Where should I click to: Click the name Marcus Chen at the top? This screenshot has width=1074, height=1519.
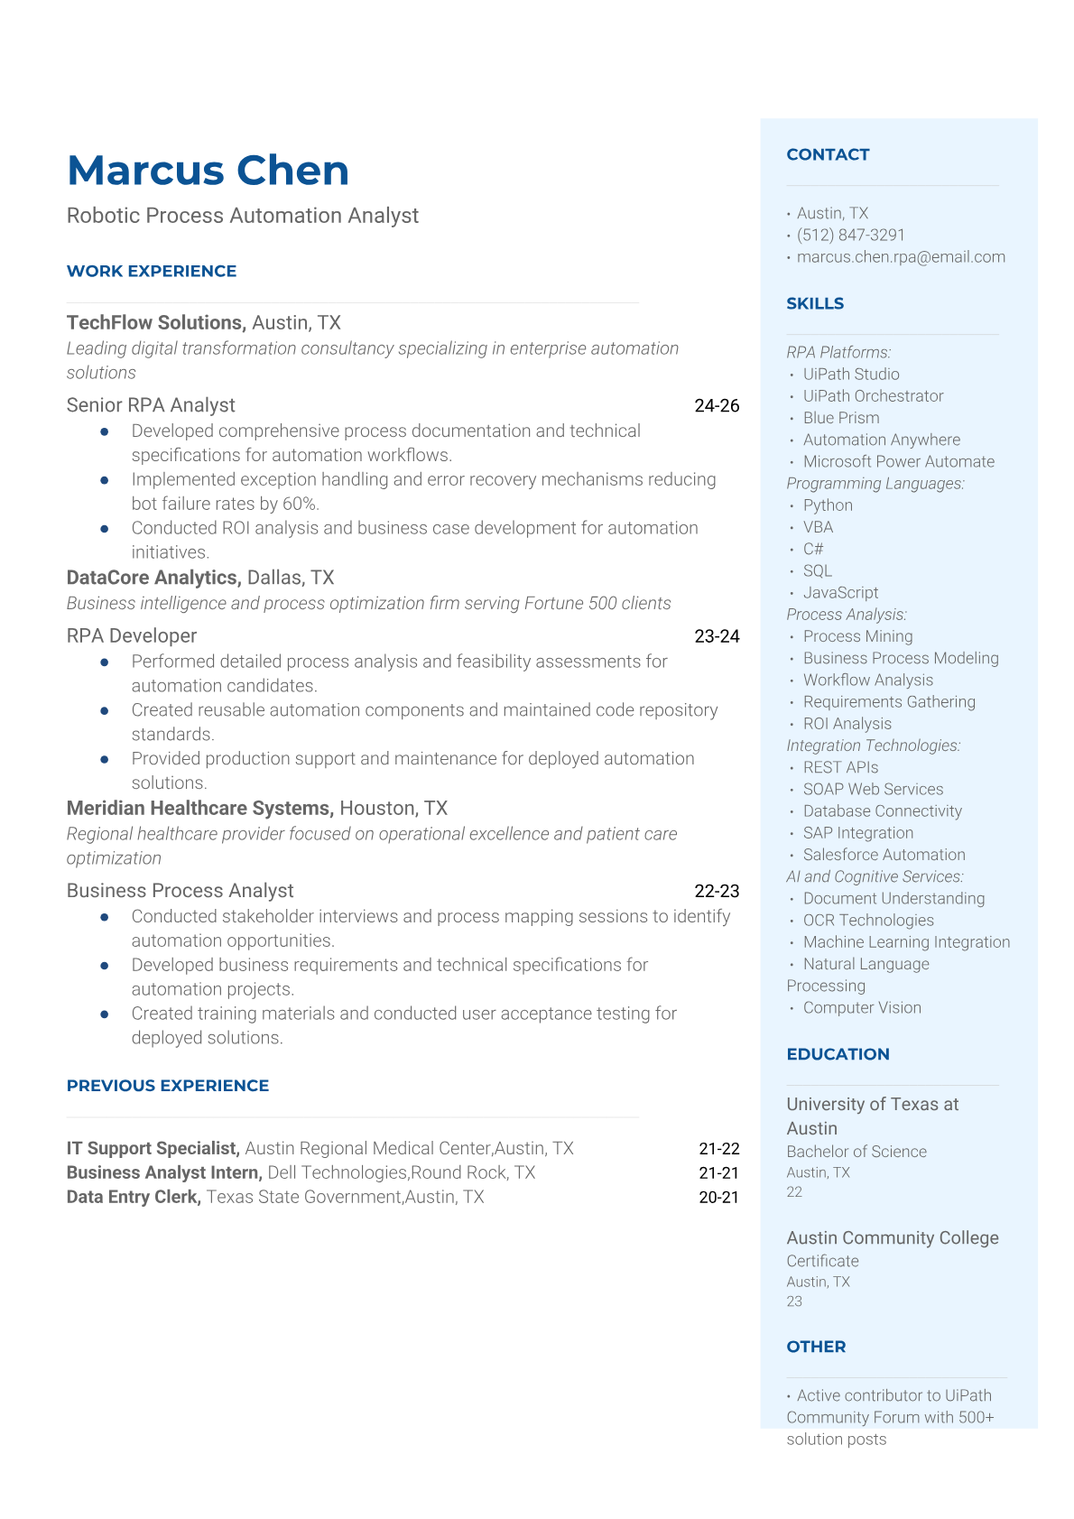[x=208, y=171]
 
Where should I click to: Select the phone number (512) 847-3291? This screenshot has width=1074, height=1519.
[x=850, y=236]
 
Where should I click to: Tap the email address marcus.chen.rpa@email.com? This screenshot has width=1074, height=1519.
[x=900, y=257]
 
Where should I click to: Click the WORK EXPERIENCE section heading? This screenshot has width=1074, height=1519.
[x=152, y=272]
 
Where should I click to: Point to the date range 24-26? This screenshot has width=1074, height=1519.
[x=717, y=406]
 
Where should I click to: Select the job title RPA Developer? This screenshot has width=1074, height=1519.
[x=132, y=636]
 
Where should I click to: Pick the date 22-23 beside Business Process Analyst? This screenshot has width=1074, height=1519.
[x=717, y=892]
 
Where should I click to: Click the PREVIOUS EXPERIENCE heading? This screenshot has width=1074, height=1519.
[x=168, y=1086]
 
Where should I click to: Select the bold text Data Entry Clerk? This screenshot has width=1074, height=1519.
[x=134, y=1198]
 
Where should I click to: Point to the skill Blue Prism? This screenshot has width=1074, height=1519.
[x=841, y=418]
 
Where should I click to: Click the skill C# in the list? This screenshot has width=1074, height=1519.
[x=813, y=549]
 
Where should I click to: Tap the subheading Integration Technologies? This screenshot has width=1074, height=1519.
[x=873, y=746]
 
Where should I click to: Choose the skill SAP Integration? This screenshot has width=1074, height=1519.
[x=857, y=833]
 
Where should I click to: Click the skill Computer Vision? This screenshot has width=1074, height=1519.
[x=862, y=1008]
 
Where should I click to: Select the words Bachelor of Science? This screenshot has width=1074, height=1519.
[x=856, y=1152]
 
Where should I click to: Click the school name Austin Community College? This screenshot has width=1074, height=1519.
[x=892, y=1238]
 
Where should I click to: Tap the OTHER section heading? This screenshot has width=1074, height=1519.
[x=816, y=1347]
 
